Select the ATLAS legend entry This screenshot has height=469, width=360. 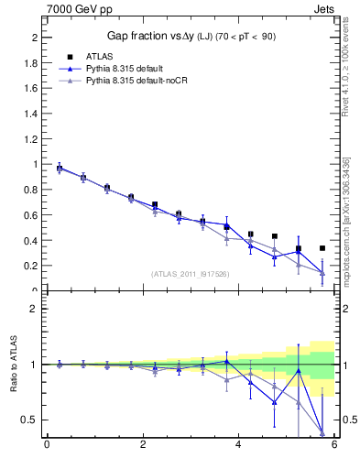(100, 56)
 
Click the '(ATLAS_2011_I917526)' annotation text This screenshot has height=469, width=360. (189, 274)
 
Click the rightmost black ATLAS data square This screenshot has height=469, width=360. (322, 248)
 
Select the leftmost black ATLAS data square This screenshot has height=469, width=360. (60, 169)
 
